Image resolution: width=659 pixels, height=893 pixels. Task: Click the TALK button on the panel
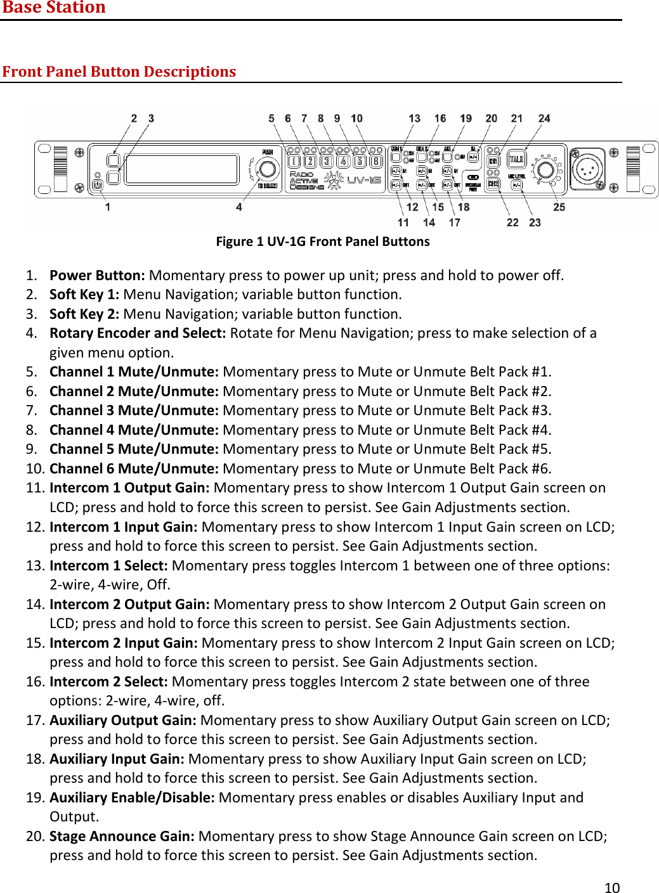pyautogui.click(x=516, y=160)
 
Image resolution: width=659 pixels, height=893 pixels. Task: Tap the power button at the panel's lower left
pyautogui.click(x=97, y=185)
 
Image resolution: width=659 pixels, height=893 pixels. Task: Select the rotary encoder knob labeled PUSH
pyautogui.click(x=268, y=169)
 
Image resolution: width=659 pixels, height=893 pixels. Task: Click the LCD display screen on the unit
pyautogui.click(x=181, y=169)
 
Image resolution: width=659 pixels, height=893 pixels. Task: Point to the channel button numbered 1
pyautogui.click(x=294, y=161)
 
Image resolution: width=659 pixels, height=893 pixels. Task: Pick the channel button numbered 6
pyautogui.click(x=376, y=161)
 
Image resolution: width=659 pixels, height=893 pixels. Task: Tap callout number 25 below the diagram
pyautogui.click(x=559, y=207)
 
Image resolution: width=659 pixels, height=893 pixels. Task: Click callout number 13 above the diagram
pyautogui.click(x=414, y=119)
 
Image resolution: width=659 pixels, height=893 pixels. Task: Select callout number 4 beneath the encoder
pyautogui.click(x=239, y=207)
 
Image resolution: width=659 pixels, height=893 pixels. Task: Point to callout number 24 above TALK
pyautogui.click(x=544, y=119)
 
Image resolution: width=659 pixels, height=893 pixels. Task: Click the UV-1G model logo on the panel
pyautogui.click(x=364, y=180)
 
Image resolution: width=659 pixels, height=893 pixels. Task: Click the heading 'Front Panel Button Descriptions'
pyautogui.click(x=119, y=72)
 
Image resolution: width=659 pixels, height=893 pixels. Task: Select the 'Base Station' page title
pyautogui.click(x=54, y=8)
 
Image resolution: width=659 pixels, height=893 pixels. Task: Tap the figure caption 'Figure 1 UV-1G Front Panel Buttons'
pyautogui.click(x=323, y=241)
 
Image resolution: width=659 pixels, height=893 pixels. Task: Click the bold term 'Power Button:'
pyautogui.click(x=97, y=275)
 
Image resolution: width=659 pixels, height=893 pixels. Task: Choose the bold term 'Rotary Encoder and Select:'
pyautogui.click(x=138, y=333)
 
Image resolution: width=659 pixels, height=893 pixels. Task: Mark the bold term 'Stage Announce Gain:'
pyautogui.click(x=122, y=837)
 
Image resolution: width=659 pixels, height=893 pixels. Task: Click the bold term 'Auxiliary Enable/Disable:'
pyautogui.click(x=132, y=798)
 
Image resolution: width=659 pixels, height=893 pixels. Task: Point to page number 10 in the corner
pyautogui.click(x=611, y=887)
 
